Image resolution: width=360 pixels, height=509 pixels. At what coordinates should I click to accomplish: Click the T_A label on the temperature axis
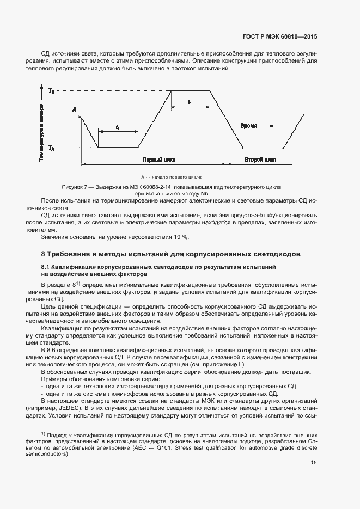pyautogui.click(x=51, y=148)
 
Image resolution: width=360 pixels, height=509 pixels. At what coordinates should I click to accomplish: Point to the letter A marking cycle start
pyautogui.click(x=74, y=109)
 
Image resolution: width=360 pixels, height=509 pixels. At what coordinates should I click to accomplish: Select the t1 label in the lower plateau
pyautogui.click(x=118, y=127)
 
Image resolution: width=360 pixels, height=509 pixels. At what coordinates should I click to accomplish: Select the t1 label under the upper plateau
pyautogui.click(x=190, y=102)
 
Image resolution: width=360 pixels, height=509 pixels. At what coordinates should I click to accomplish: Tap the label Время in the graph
pyautogui.click(x=248, y=126)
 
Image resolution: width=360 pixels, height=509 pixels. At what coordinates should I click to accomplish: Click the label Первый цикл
pyautogui.click(x=155, y=161)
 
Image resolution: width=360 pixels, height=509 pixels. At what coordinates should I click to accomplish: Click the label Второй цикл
pyautogui.click(x=260, y=161)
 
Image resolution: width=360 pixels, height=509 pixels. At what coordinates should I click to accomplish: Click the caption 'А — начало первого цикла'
pyautogui.click(x=171, y=177)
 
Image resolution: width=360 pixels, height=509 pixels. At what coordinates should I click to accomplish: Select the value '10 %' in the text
pyautogui.click(x=179, y=237)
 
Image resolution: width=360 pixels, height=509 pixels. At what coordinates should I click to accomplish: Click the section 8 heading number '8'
pyautogui.click(x=44, y=254)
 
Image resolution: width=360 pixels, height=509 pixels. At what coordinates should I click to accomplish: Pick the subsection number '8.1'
pyautogui.click(x=46, y=267)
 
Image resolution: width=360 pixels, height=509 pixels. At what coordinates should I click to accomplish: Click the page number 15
pyautogui.click(x=314, y=463)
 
